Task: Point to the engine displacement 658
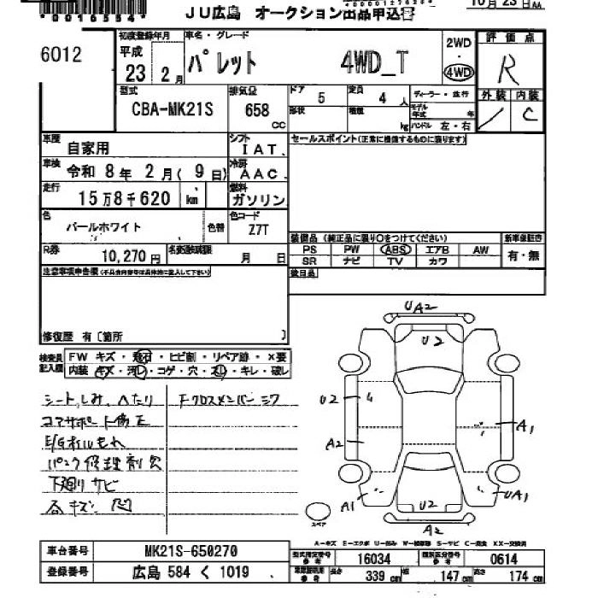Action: tap(256, 111)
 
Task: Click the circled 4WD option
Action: tap(459, 71)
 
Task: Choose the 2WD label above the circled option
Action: tap(459, 43)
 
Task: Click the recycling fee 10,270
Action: tap(126, 256)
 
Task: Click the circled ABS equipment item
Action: tap(395, 249)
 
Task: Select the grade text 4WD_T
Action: tap(374, 62)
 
